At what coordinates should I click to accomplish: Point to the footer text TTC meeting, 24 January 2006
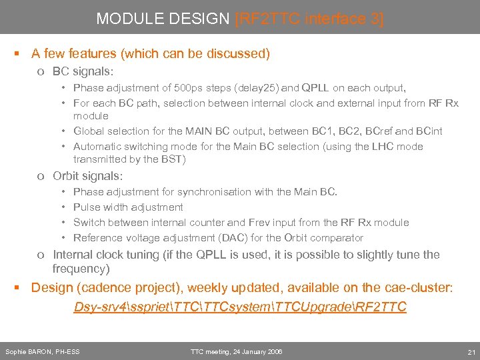pos(236,352)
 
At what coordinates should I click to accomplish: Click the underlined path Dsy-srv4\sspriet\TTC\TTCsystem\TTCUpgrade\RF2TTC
pos(239,307)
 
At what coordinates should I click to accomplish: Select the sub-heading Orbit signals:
pos(88,175)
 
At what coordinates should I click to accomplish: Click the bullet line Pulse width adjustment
pos(128,207)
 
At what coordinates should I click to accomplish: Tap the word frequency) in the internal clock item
pos(81,269)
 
